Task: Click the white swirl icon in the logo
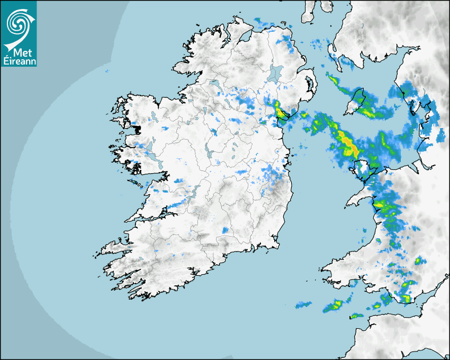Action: click(18, 22)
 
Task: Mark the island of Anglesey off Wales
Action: click(362, 168)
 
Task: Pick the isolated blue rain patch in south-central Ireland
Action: click(225, 230)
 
